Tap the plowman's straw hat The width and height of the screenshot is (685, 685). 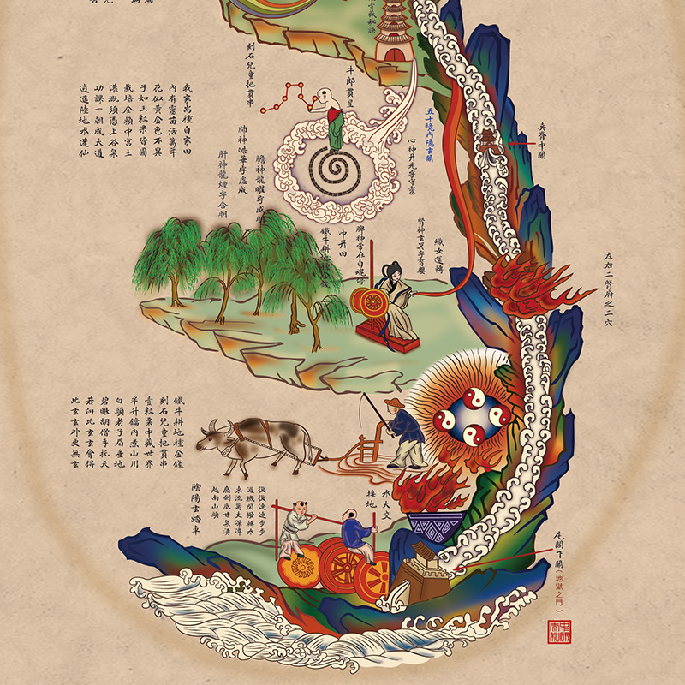(391, 403)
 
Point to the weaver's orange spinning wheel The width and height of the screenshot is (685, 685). (369, 302)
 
